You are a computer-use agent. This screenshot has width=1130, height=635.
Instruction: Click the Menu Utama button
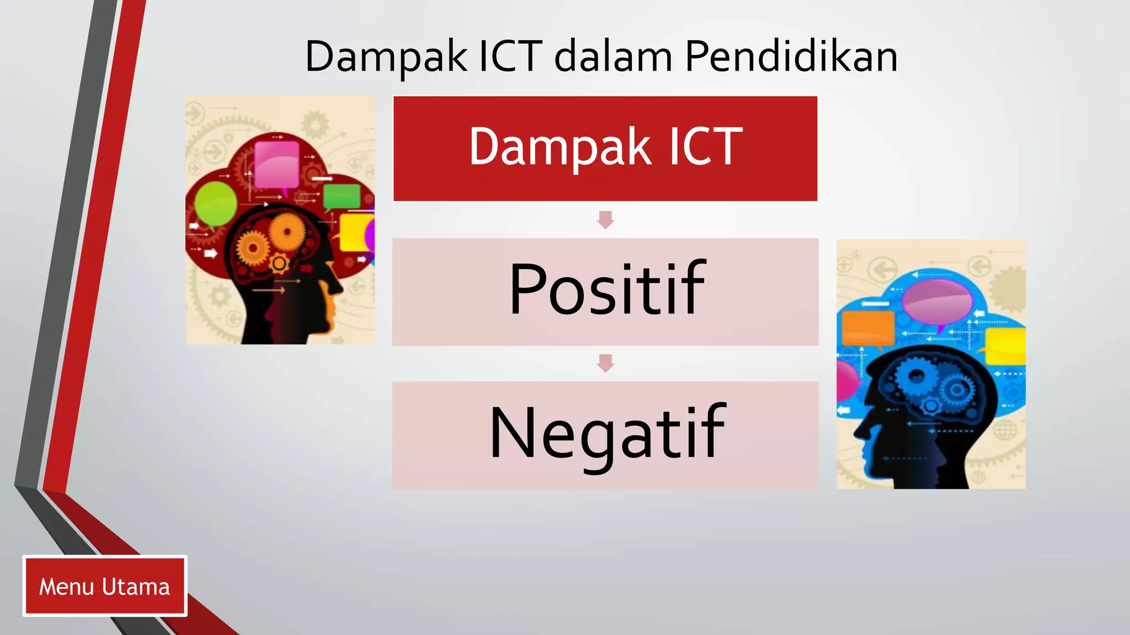point(105,586)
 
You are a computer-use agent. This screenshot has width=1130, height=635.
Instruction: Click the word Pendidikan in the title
point(791,56)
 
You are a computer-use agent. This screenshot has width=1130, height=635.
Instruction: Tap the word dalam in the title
point(613,56)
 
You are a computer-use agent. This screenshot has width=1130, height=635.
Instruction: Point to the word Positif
point(606,289)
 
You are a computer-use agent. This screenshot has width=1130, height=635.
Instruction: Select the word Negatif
point(606,433)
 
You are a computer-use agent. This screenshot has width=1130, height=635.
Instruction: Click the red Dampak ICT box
point(605,148)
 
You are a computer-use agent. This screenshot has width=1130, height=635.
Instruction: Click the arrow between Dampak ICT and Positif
point(605,219)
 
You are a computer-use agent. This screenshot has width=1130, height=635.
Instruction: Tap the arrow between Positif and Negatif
point(605,363)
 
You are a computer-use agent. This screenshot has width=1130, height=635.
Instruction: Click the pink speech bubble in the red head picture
point(276,164)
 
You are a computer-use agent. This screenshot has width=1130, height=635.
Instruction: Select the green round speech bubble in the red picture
point(215,203)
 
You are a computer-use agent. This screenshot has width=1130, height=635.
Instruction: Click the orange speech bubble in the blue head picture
point(868,328)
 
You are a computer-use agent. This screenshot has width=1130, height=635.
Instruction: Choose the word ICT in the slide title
point(510,56)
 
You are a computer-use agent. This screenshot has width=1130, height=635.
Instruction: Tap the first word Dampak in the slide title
point(386,56)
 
